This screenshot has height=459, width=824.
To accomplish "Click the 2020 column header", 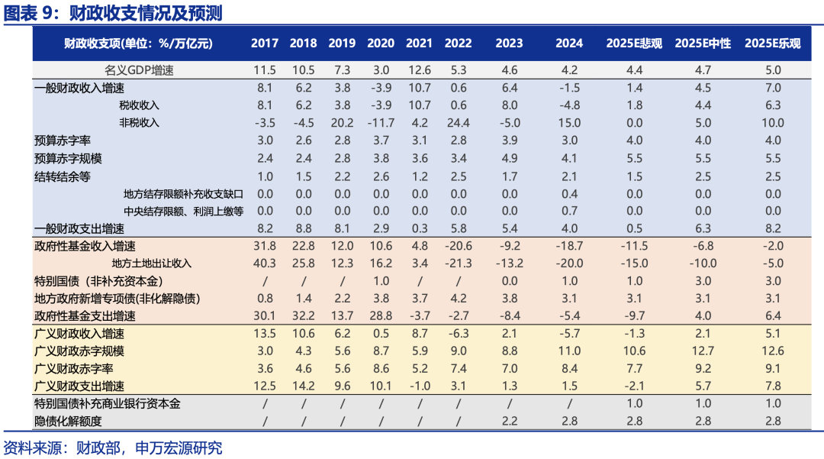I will (381, 44).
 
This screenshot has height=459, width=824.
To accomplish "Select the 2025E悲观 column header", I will (635, 44).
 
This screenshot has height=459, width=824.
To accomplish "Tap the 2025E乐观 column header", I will (772, 44).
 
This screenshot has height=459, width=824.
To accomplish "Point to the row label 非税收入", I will (140, 123).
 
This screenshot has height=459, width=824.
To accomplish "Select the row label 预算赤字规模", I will (69, 158).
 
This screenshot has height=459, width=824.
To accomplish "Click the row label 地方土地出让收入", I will (157, 263).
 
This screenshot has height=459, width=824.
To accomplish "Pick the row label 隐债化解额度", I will (69, 422).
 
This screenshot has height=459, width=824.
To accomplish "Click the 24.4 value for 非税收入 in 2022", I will (458, 123).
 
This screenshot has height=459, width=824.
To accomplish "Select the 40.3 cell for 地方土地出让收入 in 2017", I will (265, 263).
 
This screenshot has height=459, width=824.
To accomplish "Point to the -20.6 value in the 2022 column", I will (458, 246).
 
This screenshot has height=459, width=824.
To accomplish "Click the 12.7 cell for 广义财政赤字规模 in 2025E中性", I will (703, 351).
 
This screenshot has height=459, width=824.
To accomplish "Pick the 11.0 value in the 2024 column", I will (569, 351).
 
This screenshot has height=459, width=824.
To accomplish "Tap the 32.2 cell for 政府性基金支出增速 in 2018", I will (303, 316).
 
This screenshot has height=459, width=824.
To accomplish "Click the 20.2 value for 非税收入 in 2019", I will (342, 123).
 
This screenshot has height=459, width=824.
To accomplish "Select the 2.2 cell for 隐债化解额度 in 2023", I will (510, 422).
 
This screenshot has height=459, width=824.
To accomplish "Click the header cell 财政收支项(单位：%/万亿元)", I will (138, 44).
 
